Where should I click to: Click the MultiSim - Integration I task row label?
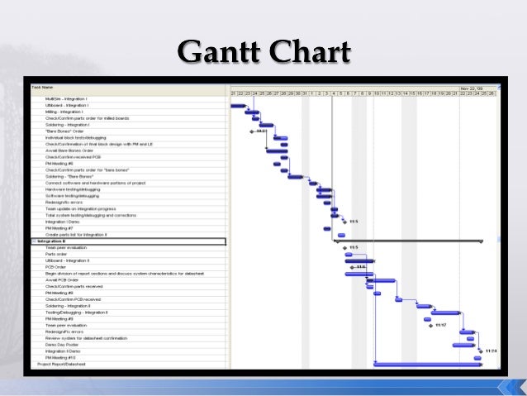(x=67, y=98)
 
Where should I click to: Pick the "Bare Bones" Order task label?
(x=65, y=131)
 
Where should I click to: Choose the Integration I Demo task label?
(x=63, y=222)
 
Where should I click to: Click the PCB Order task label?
(x=56, y=267)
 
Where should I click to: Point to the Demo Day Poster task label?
(x=63, y=344)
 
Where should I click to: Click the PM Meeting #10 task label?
(x=61, y=357)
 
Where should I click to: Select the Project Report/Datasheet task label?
(x=61, y=364)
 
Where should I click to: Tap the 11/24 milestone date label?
(x=491, y=351)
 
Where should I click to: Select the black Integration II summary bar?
(x=408, y=241)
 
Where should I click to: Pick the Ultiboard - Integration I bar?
(x=238, y=105)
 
